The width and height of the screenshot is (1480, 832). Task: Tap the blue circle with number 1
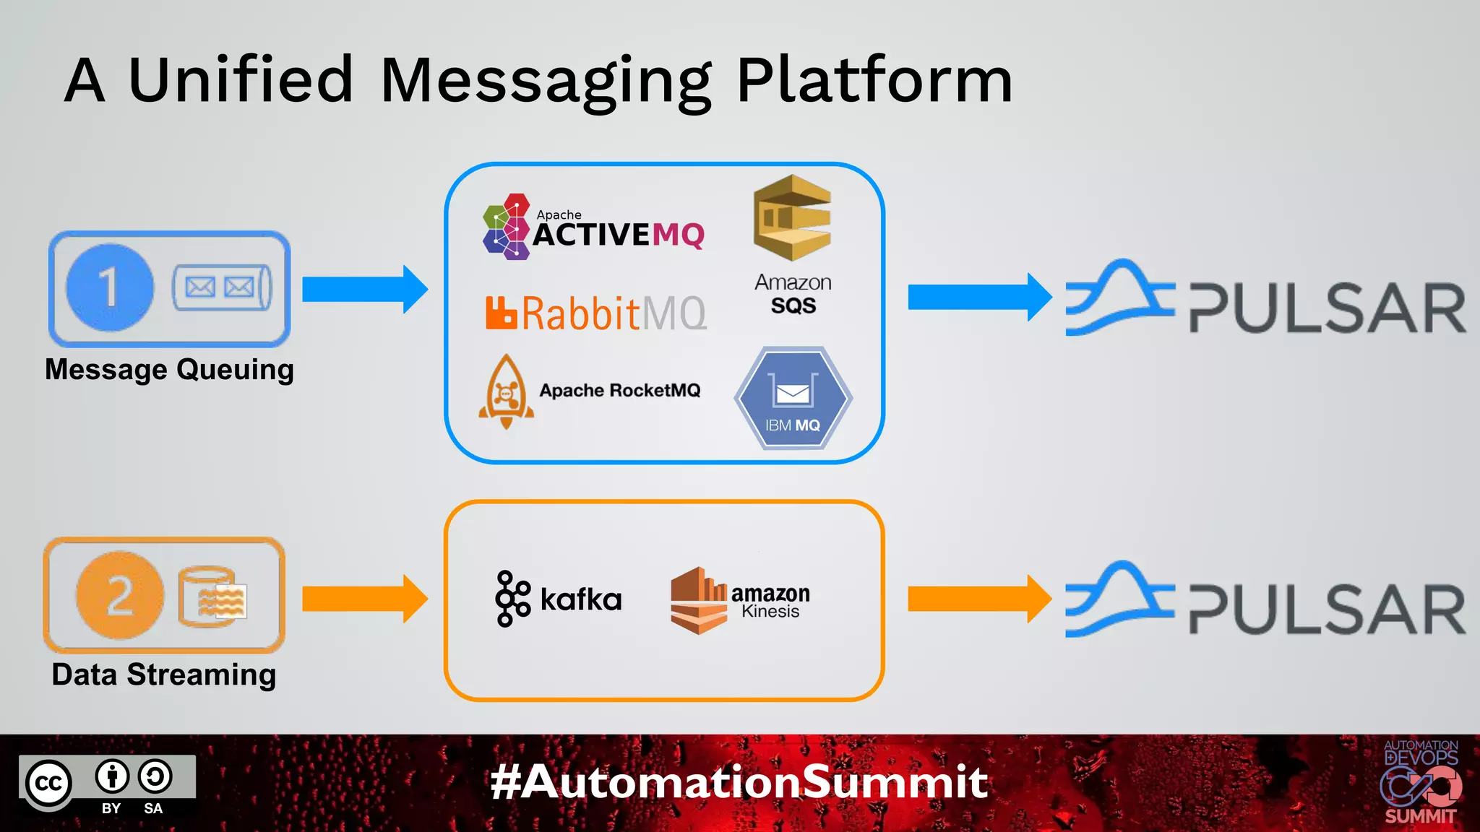(110, 287)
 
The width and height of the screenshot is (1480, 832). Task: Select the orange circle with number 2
(120, 595)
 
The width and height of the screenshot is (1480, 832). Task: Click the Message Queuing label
(169, 370)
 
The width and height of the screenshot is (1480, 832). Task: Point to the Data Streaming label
(164, 675)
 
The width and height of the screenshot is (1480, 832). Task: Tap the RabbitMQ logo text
(597, 313)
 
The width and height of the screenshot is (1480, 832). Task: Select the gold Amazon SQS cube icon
(792, 218)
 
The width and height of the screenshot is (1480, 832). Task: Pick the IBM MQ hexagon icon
(793, 399)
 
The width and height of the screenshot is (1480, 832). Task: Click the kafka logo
(559, 599)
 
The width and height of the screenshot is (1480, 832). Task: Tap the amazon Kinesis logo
(740, 600)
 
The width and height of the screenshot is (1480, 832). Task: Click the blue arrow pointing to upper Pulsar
(978, 297)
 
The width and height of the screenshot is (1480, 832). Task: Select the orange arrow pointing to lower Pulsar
(978, 599)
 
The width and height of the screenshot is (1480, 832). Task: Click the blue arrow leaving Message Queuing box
(364, 289)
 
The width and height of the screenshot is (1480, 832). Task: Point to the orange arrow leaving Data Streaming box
(364, 599)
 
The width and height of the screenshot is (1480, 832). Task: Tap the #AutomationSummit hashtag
(739, 782)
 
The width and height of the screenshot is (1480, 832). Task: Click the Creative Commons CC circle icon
(49, 784)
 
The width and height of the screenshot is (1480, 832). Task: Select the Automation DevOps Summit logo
(1420, 783)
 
